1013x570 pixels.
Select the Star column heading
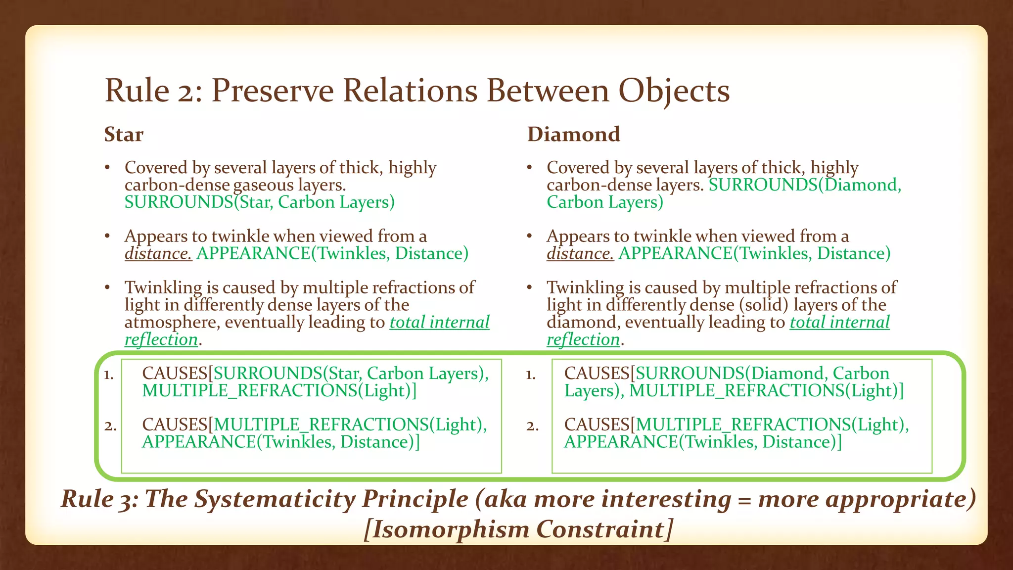point(124,135)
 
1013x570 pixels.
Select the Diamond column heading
point(573,135)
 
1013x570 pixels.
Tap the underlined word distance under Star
point(158,254)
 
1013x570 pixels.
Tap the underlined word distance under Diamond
point(580,254)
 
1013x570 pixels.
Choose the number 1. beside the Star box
point(109,375)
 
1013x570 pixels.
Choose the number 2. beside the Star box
point(110,426)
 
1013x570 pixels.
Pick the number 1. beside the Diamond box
point(531,375)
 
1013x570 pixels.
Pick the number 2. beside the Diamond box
point(532,426)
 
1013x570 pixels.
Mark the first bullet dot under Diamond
point(529,168)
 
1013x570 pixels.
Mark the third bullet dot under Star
point(107,288)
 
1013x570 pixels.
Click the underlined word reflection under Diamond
point(583,340)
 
